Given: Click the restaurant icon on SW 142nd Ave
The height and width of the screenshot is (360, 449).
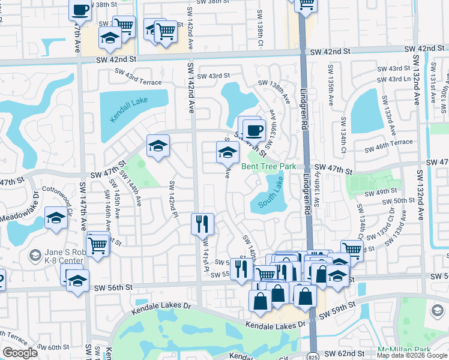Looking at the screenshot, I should [202, 224].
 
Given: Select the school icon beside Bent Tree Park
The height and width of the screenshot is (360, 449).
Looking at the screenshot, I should [228, 153].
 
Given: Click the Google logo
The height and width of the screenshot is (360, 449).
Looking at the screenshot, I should [20, 353].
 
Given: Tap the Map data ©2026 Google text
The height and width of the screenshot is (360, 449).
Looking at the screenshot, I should [412, 355].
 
